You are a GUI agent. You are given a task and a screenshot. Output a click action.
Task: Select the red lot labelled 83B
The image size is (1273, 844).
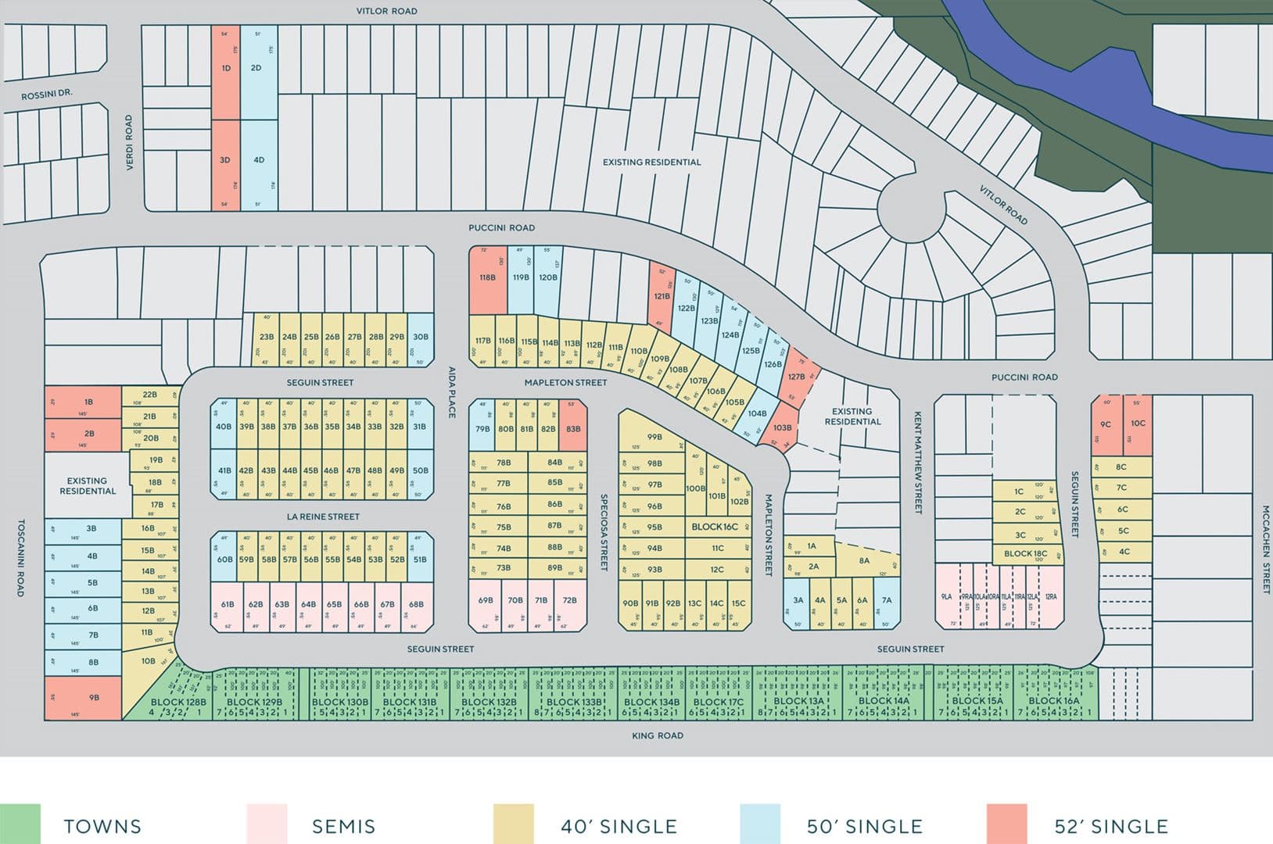(x=573, y=428)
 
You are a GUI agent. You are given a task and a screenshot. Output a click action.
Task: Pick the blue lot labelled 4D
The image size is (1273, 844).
(x=259, y=161)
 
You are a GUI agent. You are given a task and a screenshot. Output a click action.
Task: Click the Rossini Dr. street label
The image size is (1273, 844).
(x=47, y=95)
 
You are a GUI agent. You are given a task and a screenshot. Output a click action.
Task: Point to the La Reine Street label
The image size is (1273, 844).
(x=323, y=517)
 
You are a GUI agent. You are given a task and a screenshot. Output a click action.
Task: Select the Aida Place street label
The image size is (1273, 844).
(x=451, y=392)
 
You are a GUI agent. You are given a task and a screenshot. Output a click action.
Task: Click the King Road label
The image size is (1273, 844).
(x=658, y=735)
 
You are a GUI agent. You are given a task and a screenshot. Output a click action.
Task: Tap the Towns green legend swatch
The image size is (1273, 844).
(x=20, y=824)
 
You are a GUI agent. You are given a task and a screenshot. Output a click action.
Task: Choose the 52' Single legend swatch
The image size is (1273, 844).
(x=1006, y=824)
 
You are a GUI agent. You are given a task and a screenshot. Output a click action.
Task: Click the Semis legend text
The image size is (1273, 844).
(x=343, y=826)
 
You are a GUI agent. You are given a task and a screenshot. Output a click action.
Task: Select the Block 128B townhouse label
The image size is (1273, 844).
(x=178, y=702)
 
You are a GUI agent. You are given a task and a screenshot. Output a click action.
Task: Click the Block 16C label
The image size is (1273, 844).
(x=714, y=527)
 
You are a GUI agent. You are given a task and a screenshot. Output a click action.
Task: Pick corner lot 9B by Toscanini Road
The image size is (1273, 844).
(x=84, y=697)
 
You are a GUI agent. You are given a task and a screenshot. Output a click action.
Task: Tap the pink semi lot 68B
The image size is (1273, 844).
(x=416, y=604)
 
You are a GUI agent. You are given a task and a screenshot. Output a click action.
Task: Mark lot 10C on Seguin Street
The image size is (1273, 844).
(x=1138, y=424)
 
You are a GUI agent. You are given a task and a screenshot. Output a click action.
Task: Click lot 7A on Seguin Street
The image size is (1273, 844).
(x=887, y=601)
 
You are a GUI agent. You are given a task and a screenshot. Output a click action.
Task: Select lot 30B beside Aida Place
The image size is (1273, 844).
(x=421, y=338)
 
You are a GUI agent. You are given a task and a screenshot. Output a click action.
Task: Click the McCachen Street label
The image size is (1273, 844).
(x=1265, y=549)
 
